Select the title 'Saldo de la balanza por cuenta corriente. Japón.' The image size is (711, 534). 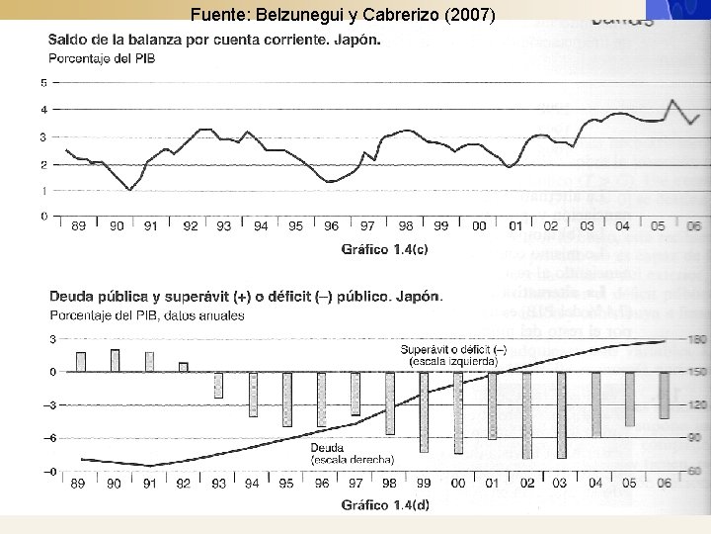214,42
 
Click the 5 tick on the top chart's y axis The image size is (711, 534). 43,83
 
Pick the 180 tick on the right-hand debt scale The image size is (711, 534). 695,340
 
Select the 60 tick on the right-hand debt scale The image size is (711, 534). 695,471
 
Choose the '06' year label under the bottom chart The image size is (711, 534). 664,484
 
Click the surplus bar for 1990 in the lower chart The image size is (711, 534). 116,361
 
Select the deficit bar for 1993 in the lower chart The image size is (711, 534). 219,385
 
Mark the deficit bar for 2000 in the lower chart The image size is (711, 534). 458,411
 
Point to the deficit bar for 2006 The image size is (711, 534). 664,395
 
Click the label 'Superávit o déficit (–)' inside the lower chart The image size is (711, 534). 453,351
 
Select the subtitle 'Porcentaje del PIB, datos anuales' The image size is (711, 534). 146,314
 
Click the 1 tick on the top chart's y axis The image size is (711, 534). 43,191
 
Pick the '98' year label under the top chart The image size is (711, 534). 405,226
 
